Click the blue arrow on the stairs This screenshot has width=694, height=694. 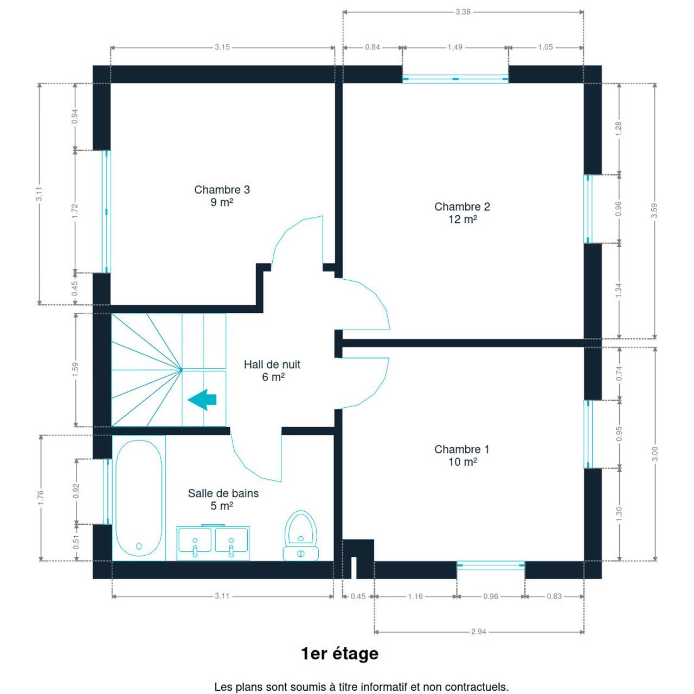click(202, 400)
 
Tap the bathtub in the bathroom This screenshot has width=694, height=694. click(139, 498)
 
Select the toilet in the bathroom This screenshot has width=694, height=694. click(301, 536)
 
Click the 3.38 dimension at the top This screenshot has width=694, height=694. click(463, 12)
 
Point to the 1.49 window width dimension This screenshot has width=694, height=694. click(455, 47)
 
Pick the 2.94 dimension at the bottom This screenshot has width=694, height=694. click(479, 632)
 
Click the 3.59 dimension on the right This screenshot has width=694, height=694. click(654, 211)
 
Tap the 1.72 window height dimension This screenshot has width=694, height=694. click(75, 211)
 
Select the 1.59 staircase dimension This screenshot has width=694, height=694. click(75, 370)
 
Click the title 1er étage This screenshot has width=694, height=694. click(340, 654)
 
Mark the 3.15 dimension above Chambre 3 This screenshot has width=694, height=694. click(222, 47)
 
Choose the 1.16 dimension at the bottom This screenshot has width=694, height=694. click(415, 596)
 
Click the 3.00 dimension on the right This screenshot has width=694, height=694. click(655, 454)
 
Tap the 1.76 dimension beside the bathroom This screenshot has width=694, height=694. click(41, 498)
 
